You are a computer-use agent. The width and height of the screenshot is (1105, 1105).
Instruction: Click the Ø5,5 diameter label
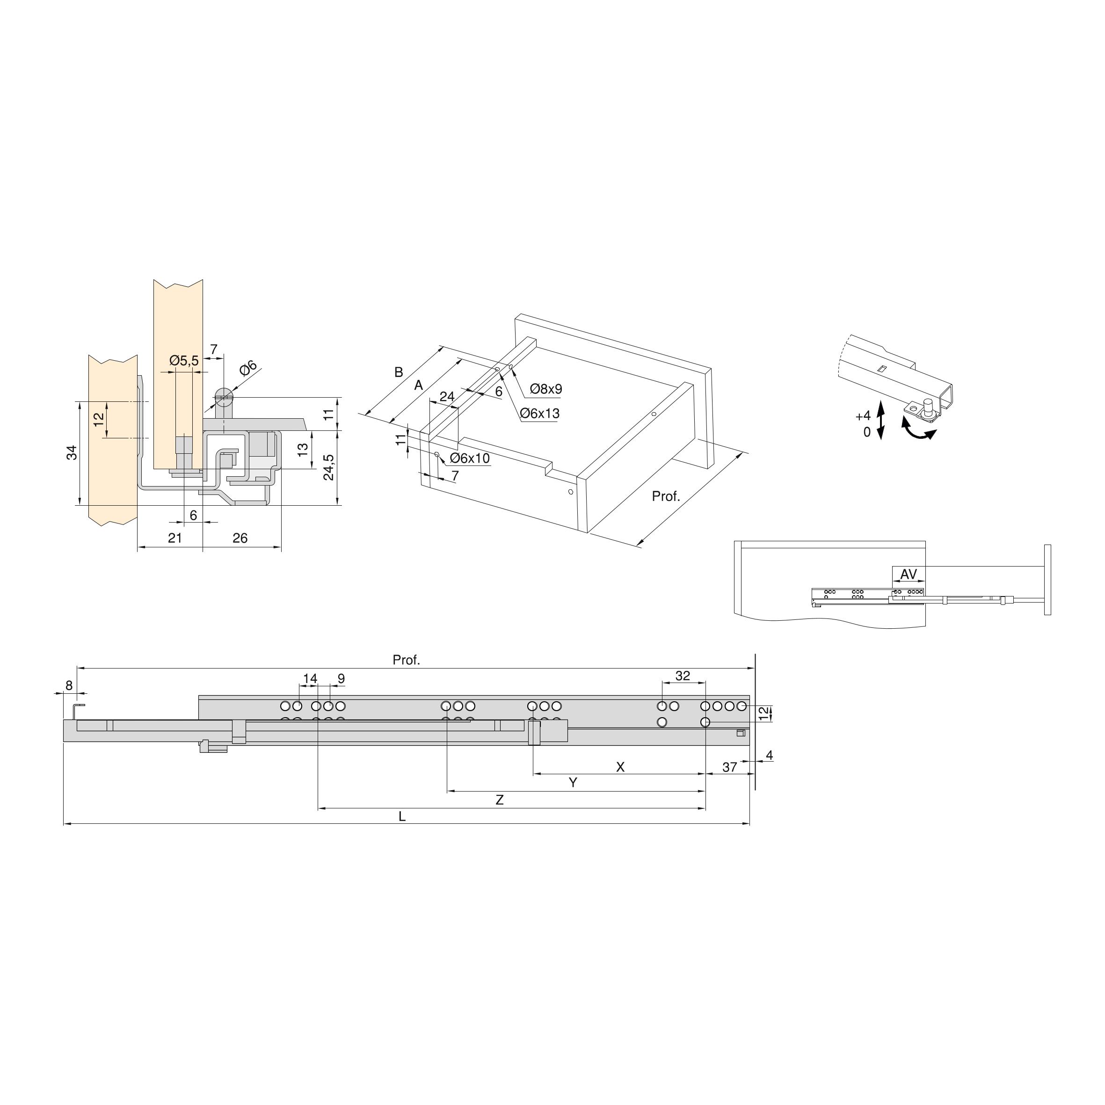click(184, 361)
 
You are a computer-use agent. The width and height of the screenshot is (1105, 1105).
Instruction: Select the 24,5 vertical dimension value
click(329, 467)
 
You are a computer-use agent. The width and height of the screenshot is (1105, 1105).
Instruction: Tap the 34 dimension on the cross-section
click(72, 453)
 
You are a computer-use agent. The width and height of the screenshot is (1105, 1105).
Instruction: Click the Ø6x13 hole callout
click(539, 413)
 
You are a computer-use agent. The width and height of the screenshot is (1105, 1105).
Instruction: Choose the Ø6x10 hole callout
click(470, 458)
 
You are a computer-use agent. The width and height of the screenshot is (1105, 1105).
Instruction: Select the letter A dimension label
click(419, 385)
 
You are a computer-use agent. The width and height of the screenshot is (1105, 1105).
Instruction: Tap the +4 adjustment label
click(863, 416)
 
